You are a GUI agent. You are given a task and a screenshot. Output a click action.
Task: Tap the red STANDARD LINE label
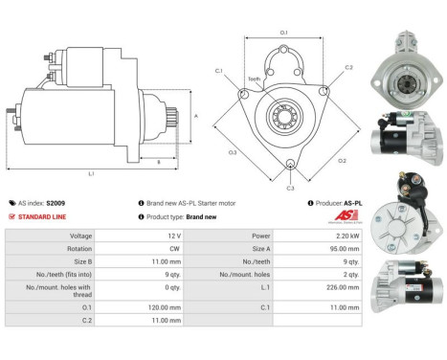42,216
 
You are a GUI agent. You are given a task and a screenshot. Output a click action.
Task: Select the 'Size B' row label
83,260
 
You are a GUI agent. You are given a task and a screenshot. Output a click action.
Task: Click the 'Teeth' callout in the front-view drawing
254,79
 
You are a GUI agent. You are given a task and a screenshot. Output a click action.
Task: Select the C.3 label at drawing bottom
290,187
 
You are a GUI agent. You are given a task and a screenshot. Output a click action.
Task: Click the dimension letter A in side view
196,115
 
